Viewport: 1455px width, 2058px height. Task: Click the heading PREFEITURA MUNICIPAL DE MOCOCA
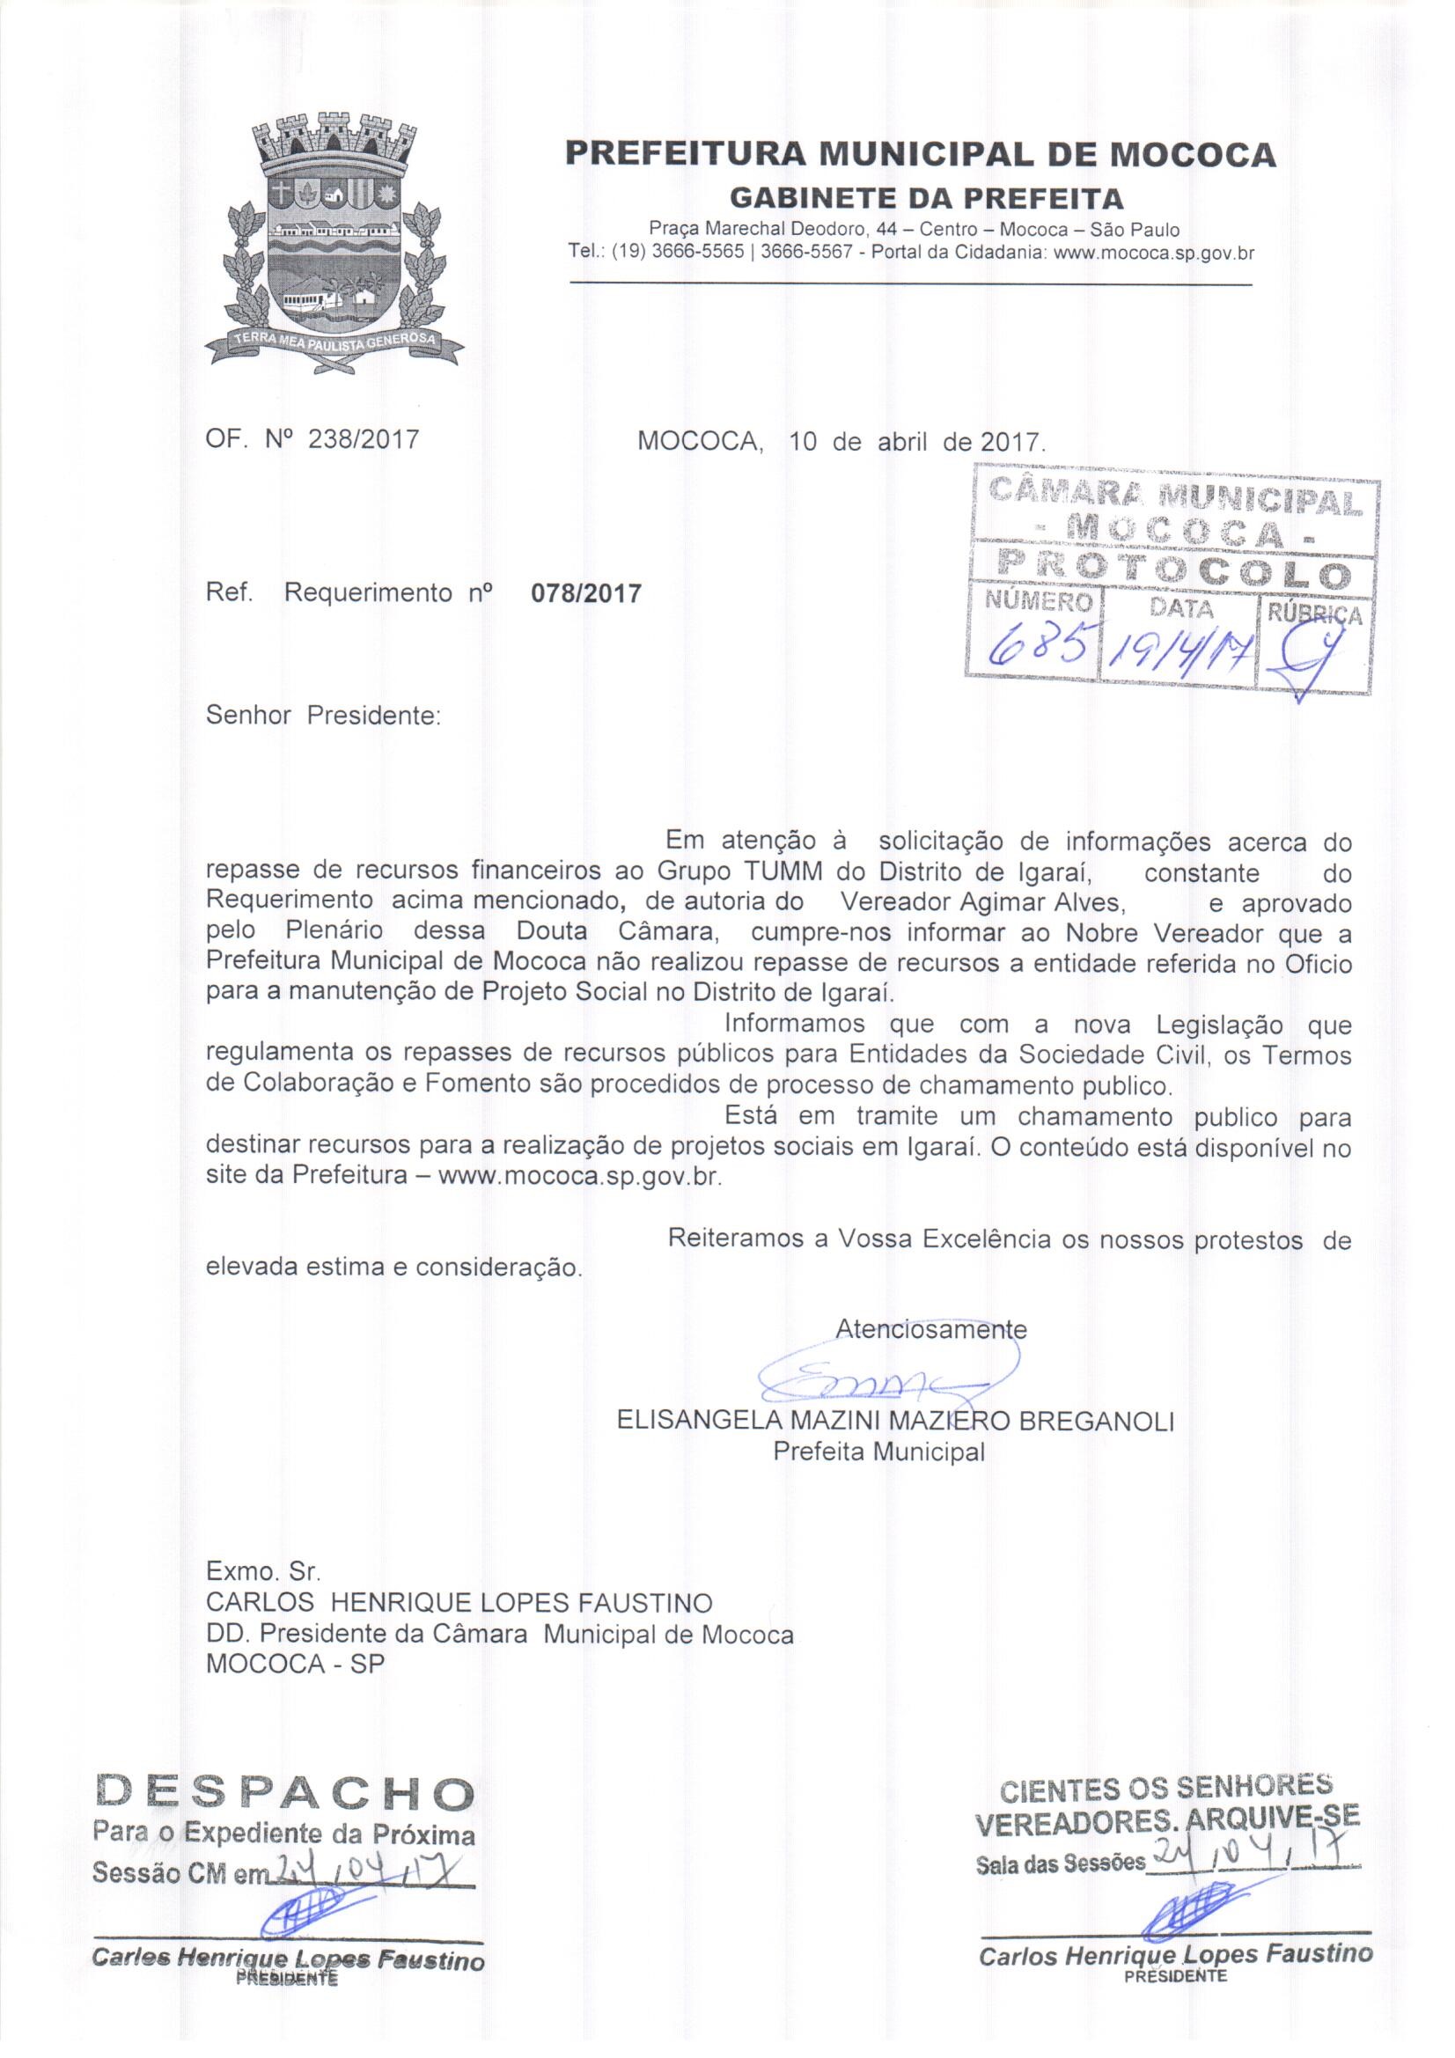[x=920, y=154]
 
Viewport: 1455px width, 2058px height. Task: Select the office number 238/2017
[x=363, y=440]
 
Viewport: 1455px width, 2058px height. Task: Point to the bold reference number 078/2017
[x=587, y=593]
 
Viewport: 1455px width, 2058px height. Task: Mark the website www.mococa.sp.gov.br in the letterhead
[x=1155, y=253]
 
